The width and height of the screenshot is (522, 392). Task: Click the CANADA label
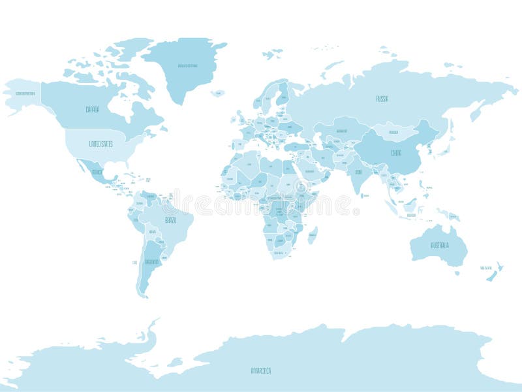pos(93,109)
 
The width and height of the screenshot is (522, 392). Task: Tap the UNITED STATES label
pos(101,143)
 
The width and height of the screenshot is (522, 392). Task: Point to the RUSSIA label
pos(382,99)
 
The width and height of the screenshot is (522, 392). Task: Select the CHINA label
pos(396,152)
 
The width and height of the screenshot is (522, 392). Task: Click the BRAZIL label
pos(171,220)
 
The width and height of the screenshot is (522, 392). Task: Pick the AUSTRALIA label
pos(439,245)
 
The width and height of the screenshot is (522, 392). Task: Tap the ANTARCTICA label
pos(260,370)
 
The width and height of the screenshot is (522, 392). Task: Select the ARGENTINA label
pos(151,261)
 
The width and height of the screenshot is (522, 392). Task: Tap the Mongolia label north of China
pos(393,133)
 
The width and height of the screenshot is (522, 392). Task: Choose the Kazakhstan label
pos(341,131)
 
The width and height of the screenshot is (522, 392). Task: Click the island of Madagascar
pos(313,235)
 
